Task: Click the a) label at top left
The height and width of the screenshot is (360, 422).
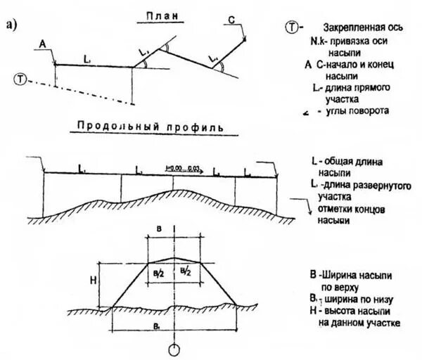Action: tap(11, 26)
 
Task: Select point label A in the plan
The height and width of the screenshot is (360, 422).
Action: tap(43, 44)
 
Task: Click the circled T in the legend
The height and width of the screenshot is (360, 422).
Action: tap(291, 27)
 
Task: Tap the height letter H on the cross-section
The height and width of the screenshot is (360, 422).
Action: tap(93, 279)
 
